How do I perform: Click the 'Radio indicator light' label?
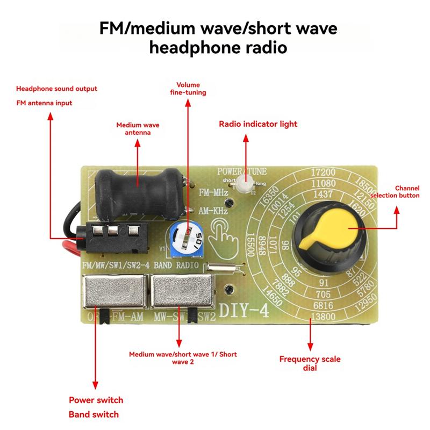tap(257, 124)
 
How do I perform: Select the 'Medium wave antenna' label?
tap(138, 129)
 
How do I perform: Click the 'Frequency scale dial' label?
tap(310, 363)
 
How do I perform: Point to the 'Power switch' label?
tap(96, 400)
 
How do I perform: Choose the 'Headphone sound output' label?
tap(56, 89)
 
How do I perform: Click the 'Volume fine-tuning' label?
tap(188, 89)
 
